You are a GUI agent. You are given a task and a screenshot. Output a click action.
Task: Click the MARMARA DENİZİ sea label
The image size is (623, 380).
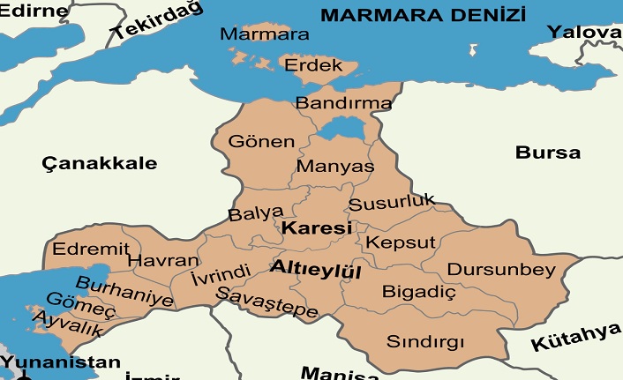click(423, 15)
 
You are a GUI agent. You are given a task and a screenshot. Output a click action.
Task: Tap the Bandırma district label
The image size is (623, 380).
click(343, 103)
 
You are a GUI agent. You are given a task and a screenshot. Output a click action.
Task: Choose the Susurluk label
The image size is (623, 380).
click(392, 202)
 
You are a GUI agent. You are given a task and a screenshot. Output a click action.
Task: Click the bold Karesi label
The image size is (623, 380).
click(316, 227)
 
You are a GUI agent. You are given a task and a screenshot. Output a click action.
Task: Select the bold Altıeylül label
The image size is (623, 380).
click(316, 268)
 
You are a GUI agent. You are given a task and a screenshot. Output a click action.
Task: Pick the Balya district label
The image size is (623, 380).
click(256, 212)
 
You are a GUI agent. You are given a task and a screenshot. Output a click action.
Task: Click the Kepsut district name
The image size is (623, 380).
click(401, 242)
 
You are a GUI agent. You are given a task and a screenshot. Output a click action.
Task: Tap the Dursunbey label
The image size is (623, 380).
click(501, 268)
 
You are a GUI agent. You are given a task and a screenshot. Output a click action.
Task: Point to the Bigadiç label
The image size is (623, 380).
click(418, 290)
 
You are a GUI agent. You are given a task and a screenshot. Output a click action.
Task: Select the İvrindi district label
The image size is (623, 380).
click(221, 274)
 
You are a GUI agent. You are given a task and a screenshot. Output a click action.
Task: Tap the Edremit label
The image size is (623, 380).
click(90, 248)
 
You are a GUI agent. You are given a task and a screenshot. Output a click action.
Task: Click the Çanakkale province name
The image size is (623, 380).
click(100, 163)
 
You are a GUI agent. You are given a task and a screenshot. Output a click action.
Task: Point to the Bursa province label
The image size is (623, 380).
click(548, 152)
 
